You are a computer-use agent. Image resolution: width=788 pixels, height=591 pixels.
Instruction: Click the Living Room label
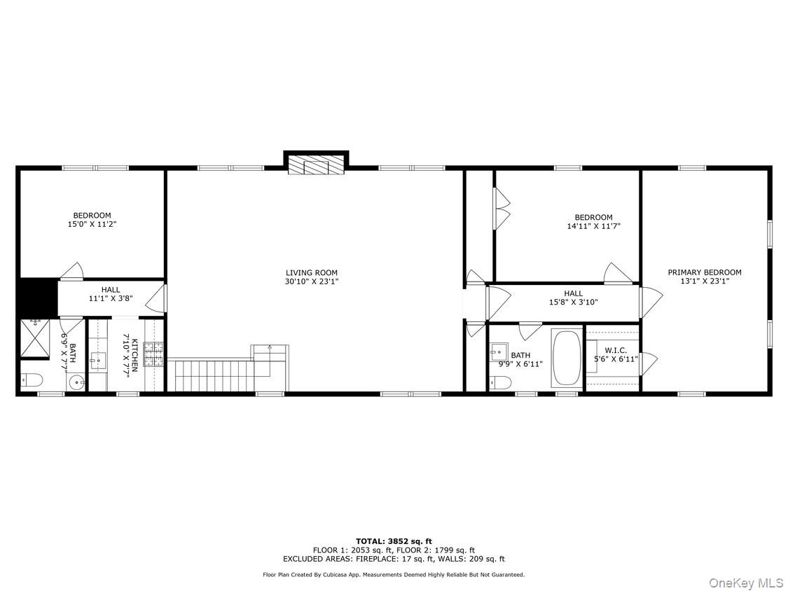(x=312, y=272)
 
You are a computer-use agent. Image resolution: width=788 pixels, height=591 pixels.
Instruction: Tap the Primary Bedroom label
(x=704, y=272)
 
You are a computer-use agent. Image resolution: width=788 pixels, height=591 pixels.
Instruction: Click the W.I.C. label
(x=616, y=350)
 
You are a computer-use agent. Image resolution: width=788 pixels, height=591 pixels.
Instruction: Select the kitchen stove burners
(x=154, y=354)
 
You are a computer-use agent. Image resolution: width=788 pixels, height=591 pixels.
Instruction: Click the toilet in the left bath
(x=32, y=380)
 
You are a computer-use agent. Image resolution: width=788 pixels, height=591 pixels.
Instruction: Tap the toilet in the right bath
(x=499, y=382)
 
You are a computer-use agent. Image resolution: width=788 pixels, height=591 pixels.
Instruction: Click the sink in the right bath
(x=499, y=351)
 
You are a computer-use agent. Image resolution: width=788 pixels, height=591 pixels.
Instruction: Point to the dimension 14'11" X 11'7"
(x=593, y=226)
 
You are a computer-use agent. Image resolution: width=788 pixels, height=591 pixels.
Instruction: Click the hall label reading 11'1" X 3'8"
(x=111, y=298)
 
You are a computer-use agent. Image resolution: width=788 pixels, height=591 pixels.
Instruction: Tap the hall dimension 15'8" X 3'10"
(x=573, y=303)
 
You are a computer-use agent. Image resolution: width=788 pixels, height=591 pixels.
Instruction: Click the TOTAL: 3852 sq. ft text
(x=394, y=541)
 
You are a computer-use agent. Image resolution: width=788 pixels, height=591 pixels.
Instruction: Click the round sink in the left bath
(x=76, y=382)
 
